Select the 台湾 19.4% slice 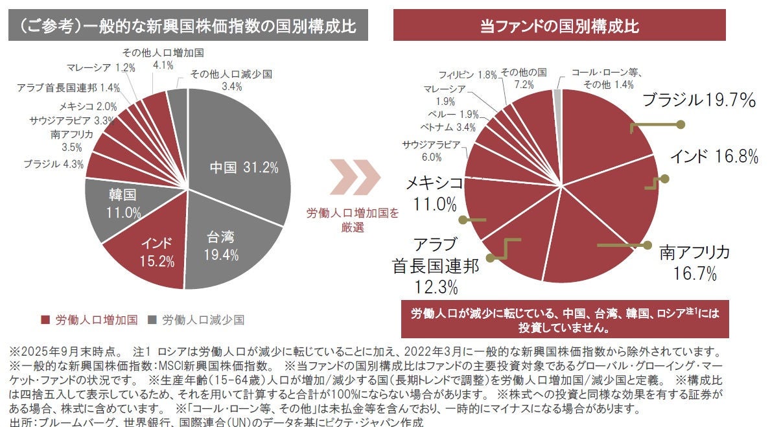pyautogui.click(x=224, y=246)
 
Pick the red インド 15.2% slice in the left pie pyautogui.click(x=156, y=252)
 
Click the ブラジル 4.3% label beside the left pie pyautogui.click(x=54, y=164)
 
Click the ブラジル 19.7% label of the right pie pyautogui.click(x=699, y=100)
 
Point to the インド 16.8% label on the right pyautogui.click(x=714, y=156)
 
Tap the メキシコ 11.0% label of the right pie pyautogui.click(x=434, y=194)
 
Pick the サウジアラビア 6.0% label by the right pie pyautogui.click(x=431, y=150)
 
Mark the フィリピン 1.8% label pyautogui.click(x=467, y=75)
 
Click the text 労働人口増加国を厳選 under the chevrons pyautogui.click(x=353, y=220)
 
